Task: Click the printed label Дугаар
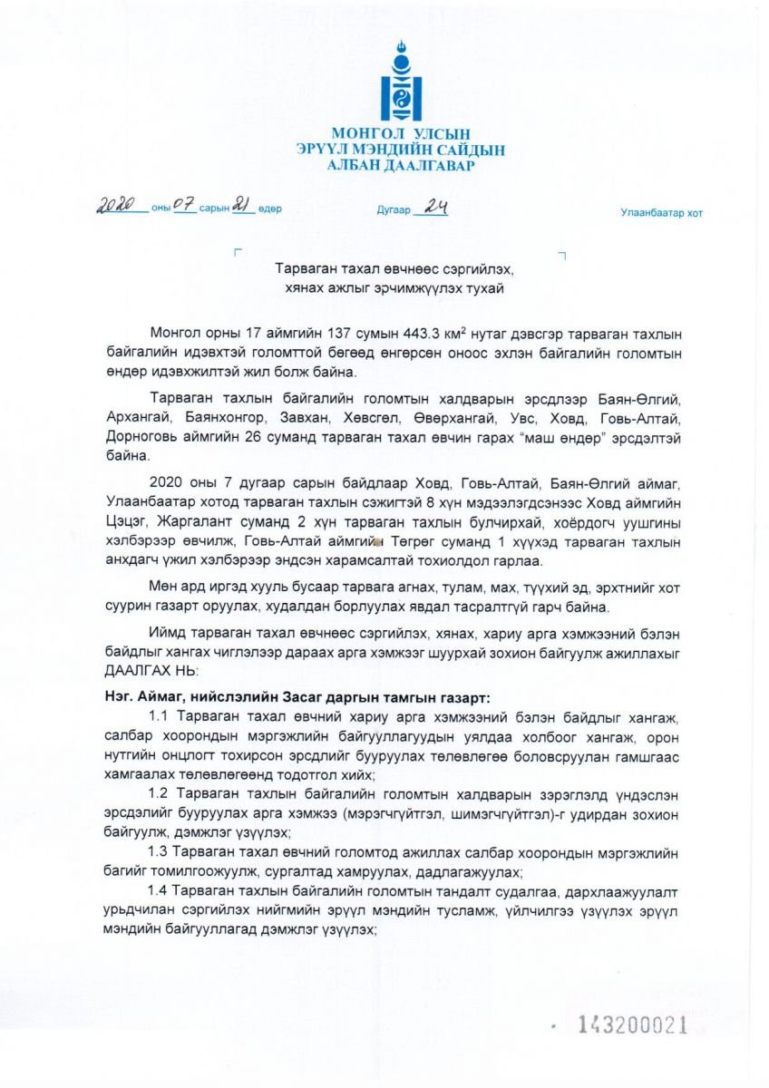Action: point(394,209)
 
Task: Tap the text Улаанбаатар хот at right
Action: point(661,213)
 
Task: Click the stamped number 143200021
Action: point(633,1025)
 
